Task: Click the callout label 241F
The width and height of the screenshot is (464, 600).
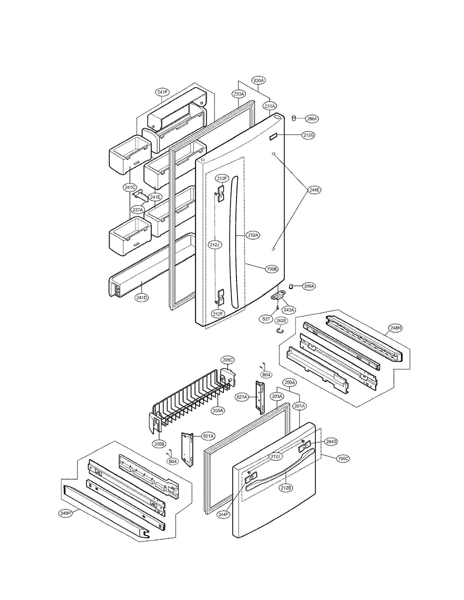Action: click(162, 92)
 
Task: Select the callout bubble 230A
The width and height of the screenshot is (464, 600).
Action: click(258, 80)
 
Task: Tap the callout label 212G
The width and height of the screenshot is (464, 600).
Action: click(308, 135)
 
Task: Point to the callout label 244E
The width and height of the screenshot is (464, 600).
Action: click(314, 190)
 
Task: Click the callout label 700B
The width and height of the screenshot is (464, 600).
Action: click(272, 269)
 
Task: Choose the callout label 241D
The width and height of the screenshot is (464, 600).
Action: click(142, 298)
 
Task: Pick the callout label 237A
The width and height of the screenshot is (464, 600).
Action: click(138, 209)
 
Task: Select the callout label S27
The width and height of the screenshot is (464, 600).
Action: click(266, 319)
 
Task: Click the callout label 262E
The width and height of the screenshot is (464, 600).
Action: click(281, 320)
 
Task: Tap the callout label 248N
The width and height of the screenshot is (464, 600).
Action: click(396, 328)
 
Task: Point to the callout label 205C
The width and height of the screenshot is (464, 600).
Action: click(228, 360)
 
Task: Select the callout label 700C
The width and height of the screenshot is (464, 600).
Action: click(343, 459)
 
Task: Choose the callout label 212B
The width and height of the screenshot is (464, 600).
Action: click(286, 488)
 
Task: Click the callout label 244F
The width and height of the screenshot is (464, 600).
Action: click(223, 515)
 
